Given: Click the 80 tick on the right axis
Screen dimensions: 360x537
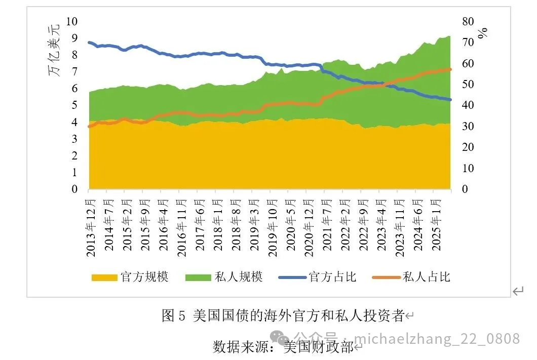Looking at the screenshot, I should pyautogui.click(x=468, y=21).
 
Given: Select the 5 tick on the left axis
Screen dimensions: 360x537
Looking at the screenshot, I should pyautogui.click(x=74, y=105).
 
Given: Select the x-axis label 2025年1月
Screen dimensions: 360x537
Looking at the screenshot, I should pyautogui.click(x=436, y=223).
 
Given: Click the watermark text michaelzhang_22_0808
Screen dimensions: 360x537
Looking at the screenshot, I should pyautogui.click(x=437, y=338).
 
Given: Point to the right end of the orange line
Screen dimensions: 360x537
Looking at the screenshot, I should pyautogui.click(x=450, y=69).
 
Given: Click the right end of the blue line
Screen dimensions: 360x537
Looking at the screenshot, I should pyautogui.click(x=450, y=100).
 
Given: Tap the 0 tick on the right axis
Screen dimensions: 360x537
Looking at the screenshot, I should pyautogui.click(x=465, y=189).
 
